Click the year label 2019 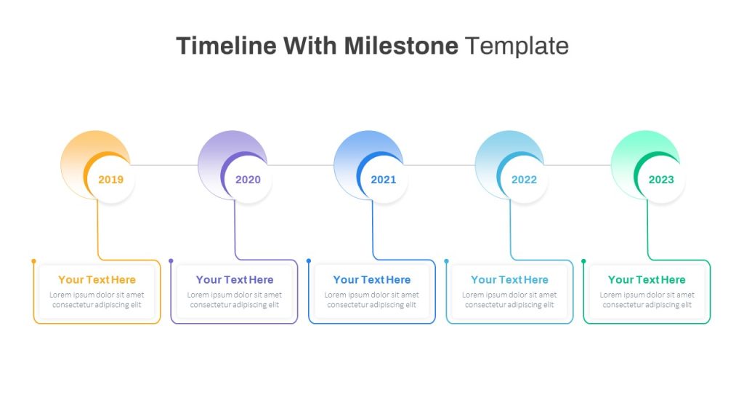click(110, 180)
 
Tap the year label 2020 click(248, 180)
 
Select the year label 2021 click(384, 180)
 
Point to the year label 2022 click(524, 180)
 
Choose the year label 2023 click(661, 180)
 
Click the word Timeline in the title click(226, 46)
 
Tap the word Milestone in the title click(401, 46)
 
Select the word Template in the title click(517, 46)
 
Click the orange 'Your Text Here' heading click(97, 279)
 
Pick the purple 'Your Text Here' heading click(235, 279)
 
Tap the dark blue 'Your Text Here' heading click(372, 279)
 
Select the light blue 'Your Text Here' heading click(509, 279)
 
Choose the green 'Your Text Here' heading click(647, 279)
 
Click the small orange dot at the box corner click(33, 260)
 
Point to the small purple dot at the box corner click(171, 260)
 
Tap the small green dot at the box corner click(583, 260)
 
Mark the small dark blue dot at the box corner click(309, 260)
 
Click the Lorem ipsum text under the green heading click(647, 300)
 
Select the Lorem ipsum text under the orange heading click(97, 300)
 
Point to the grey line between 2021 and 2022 click(440, 165)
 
